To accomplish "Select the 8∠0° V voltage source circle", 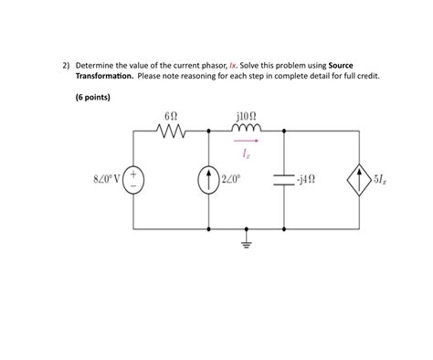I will (x=134, y=178).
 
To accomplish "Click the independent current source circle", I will (x=209, y=178).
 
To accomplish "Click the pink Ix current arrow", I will (x=248, y=142).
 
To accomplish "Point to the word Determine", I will (x=96, y=66).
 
